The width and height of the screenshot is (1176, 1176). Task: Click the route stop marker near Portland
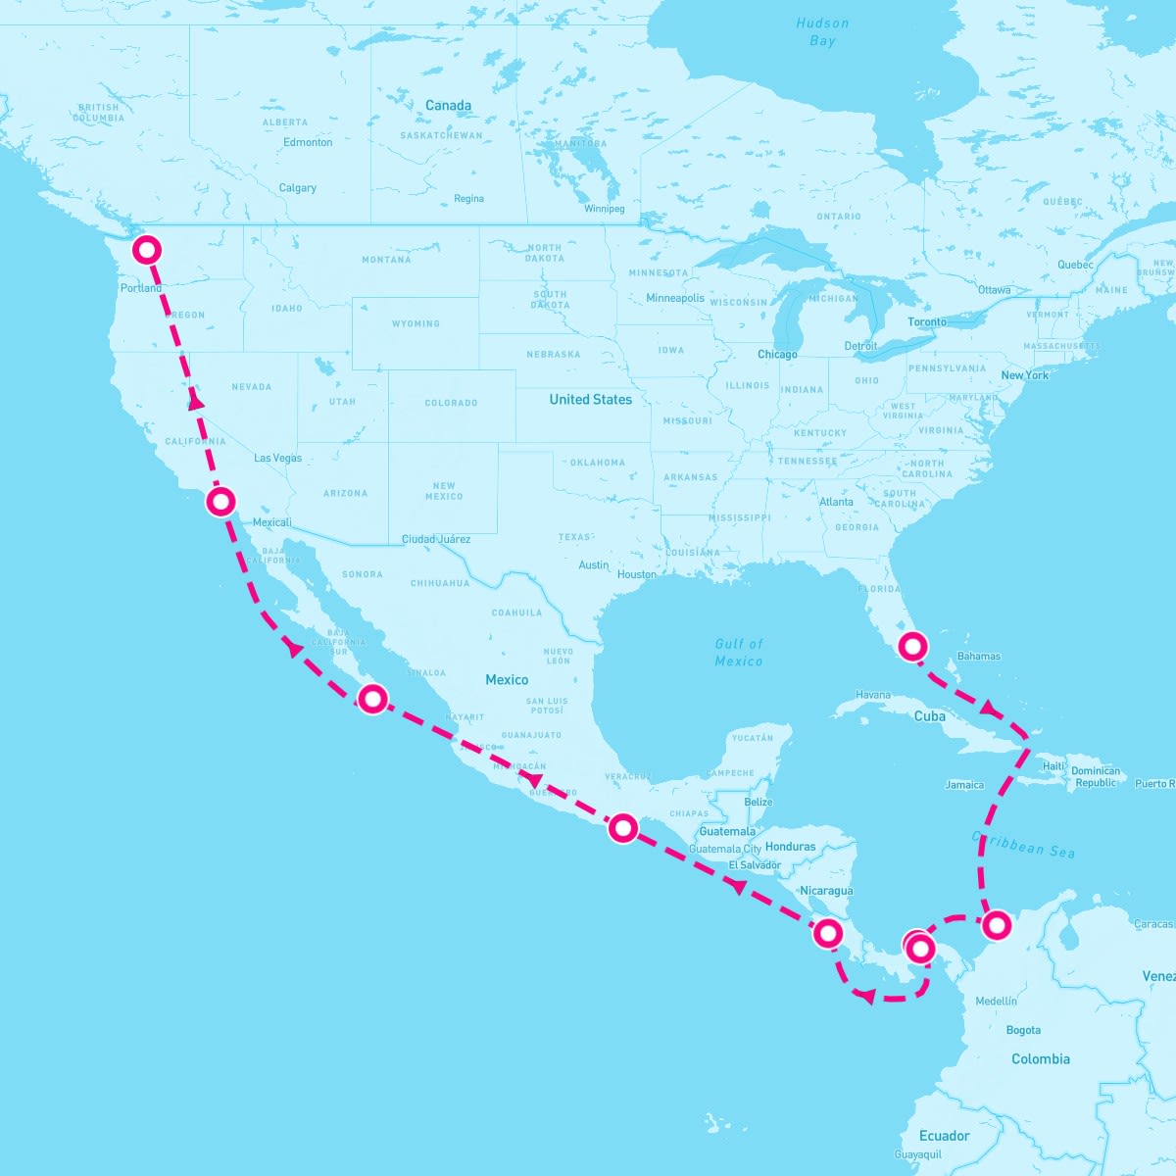pos(146,250)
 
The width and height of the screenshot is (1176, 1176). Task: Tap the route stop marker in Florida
pos(912,645)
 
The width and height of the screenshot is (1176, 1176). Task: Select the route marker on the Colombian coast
pos(996,923)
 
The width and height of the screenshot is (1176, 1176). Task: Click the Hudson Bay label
pos(822,32)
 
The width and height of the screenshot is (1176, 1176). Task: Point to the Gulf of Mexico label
pos(739,652)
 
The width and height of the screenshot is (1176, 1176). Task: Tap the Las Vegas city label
pos(278,458)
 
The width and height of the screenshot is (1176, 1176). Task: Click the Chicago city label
pos(777,355)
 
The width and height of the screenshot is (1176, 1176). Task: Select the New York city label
pos(1024,375)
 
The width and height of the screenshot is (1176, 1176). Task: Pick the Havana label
pos(873,695)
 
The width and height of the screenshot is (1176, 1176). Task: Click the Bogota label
pos(1023,1030)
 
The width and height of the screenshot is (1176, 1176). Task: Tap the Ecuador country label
pos(944,1136)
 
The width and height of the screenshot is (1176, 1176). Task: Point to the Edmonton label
pos(308,142)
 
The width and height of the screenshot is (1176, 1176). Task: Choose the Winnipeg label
pos(604,209)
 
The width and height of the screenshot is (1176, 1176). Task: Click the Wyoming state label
pos(416,323)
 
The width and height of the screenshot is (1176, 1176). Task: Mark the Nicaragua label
pos(826,891)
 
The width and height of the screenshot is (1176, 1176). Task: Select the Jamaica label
pos(964,785)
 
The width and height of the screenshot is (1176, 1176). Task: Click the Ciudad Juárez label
pos(436,539)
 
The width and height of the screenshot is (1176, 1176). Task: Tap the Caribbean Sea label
pos(1024,845)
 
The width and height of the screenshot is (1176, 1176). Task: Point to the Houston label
pos(637,574)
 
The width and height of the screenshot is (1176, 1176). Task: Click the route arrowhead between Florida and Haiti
pos(989,708)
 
